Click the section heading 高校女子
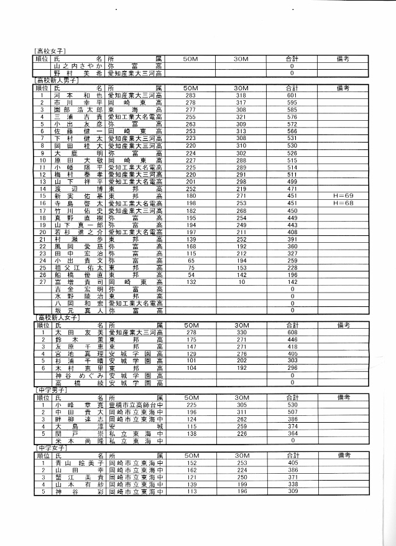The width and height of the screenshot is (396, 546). click(x=50, y=50)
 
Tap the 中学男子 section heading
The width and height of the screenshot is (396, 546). click(x=50, y=390)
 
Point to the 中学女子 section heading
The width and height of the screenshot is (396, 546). click(x=50, y=448)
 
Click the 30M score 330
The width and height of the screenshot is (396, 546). click(x=241, y=333)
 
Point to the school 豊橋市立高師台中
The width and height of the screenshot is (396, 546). click(x=136, y=404)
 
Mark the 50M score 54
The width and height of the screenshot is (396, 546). click(x=191, y=274)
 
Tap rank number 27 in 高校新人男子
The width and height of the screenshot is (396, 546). click(x=42, y=281)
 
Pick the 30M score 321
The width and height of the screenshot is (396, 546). click(x=241, y=116)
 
